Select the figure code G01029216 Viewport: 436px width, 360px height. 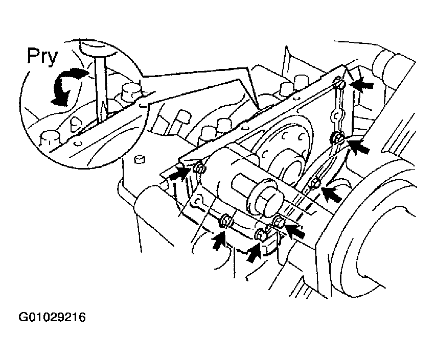[52, 317]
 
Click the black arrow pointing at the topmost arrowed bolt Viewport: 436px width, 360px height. [362, 84]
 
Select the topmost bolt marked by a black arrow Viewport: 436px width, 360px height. [339, 83]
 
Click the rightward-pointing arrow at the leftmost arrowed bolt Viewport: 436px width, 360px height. [179, 173]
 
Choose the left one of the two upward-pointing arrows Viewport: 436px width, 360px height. [220, 239]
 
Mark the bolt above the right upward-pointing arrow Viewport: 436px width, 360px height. [261, 234]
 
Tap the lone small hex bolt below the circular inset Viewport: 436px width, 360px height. [140, 159]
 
